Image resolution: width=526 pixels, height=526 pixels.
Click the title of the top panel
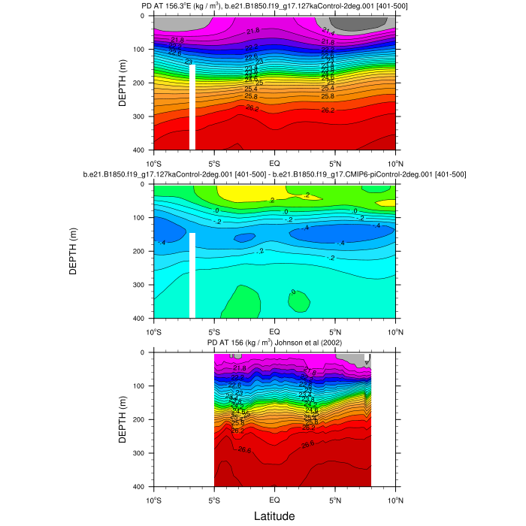tap(274, 6)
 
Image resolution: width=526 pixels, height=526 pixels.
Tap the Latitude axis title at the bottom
tap(274, 516)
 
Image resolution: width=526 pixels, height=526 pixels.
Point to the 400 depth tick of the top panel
tap(144, 150)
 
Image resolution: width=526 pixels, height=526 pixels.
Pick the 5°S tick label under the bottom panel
tap(213, 500)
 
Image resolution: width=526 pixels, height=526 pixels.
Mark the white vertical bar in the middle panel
tap(192, 275)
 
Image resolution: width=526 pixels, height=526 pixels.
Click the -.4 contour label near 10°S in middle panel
tap(162, 242)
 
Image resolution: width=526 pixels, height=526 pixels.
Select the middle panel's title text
tap(274, 174)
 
